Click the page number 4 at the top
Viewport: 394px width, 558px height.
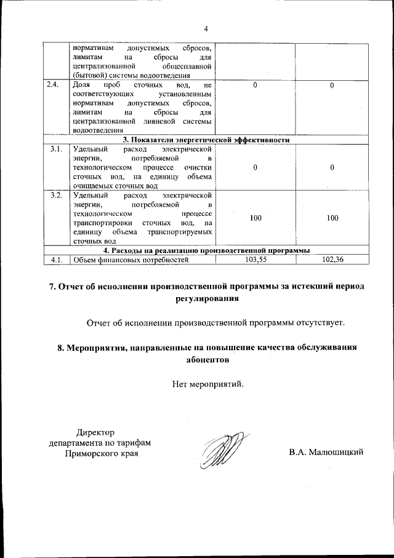click(206, 28)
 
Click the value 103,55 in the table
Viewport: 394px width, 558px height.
click(255, 260)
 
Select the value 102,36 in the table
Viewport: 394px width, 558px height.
click(332, 260)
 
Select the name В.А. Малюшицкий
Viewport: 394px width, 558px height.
click(327, 453)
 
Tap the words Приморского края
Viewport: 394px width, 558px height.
click(102, 453)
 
